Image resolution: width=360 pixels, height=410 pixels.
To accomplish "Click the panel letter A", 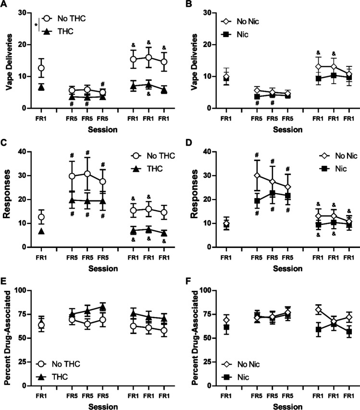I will point(4,5).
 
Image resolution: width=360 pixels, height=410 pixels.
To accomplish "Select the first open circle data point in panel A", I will point(41,68).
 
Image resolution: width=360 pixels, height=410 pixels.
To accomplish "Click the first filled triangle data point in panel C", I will point(41,231).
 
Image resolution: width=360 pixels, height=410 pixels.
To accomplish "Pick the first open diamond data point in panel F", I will point(226,320).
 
